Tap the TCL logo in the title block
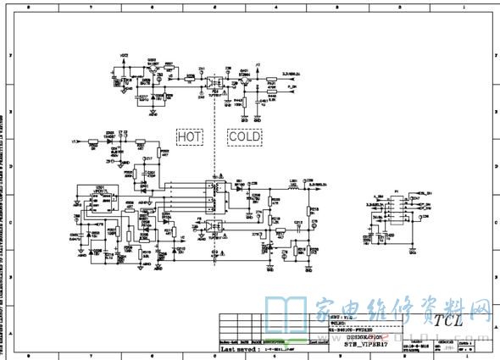tap(448, 320)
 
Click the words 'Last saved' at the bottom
tap(239, 347)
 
